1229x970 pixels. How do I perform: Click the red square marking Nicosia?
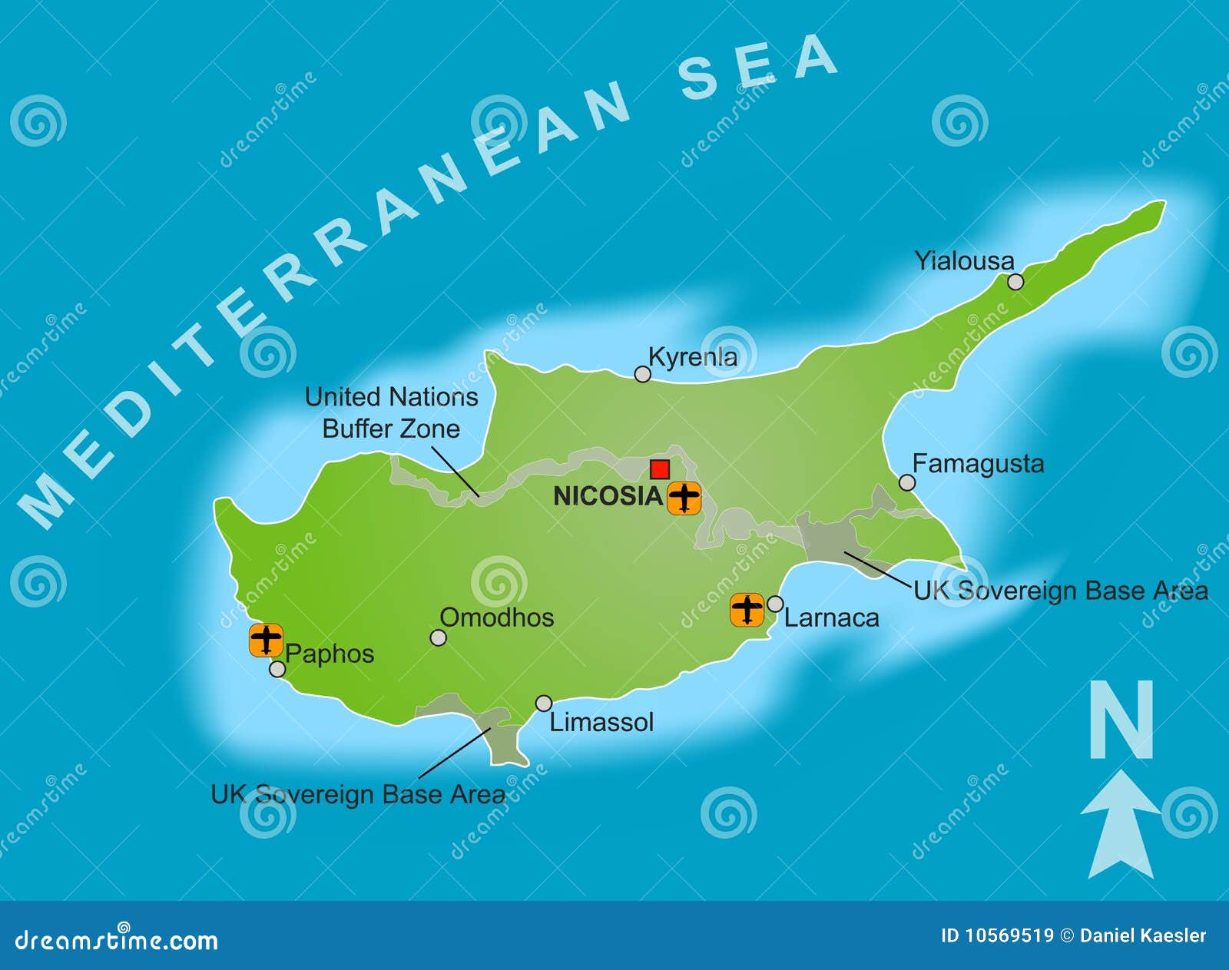click(x=659, y=469)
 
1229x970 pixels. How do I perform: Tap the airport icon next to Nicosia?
click(x=684, y=498)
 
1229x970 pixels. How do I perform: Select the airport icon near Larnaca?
click(x=747, y=610)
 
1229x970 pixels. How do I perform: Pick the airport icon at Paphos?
click(x=266, y=640)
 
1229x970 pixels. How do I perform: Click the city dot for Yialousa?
click(x=1015, y=282)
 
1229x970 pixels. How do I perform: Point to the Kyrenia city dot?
click(x=642, y=374)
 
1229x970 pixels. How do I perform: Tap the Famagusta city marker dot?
click(x=907, y=482)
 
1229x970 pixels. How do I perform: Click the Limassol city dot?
click(x=544, y=703)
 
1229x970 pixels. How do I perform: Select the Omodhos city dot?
click(x=438, y=637)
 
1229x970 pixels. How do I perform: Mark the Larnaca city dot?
click(x=775, y=604)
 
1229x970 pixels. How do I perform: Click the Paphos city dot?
click(x=277, y=669)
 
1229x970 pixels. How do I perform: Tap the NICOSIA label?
click(x=608, y=496)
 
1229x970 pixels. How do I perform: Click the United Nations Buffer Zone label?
click(x=391, y=412)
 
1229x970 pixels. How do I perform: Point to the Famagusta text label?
click(x=978, y=464)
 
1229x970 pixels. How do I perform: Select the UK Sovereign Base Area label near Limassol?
click(x=358, y=794)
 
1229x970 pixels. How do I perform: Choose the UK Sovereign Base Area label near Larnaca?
click(x=1060, y=591)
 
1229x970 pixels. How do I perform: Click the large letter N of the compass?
click(x=1121, y=720)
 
